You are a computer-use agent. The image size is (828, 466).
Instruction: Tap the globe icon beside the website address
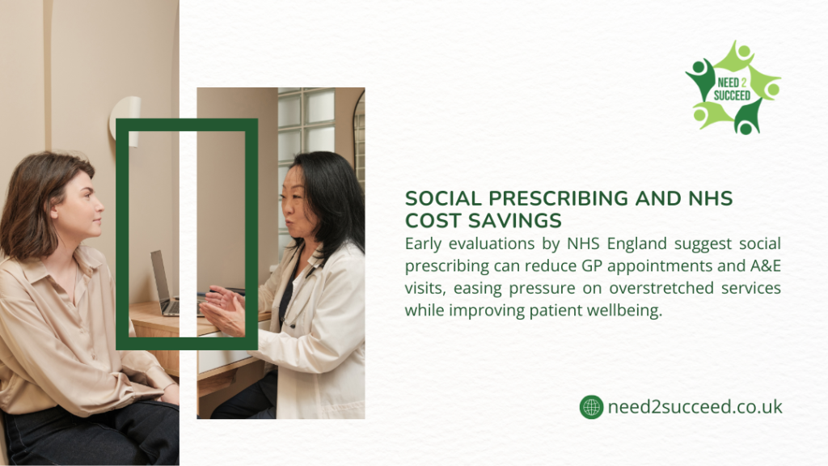pos(591,407)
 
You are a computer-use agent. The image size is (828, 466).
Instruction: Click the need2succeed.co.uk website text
pos(695,407)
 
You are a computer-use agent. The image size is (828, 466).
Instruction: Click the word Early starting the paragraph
pos(425,244)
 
